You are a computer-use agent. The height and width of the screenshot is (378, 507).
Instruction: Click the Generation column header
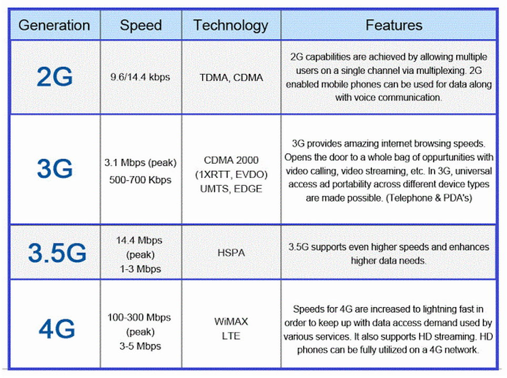(x=54, y=25)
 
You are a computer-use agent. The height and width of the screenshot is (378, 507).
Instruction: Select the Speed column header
(x=140, y=25)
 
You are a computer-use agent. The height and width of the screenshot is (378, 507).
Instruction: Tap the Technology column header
(x=230, y=25)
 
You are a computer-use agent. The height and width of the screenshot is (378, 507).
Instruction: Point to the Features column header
(x=393, y=25)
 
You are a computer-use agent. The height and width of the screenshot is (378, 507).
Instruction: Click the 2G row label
(x=54, y=77)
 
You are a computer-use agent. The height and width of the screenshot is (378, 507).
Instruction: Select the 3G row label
(x=54, y=169)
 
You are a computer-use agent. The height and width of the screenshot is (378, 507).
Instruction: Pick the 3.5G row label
(x=56, y=253)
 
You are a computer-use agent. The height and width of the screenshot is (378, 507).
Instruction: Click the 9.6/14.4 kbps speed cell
(x=140, y=77)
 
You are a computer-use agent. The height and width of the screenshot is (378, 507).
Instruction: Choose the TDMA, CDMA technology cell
(x=231, y=77)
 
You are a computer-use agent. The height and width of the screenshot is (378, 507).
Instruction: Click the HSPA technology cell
(x=231, y=253)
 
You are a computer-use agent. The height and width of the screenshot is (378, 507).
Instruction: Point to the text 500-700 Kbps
(x=140, y=180)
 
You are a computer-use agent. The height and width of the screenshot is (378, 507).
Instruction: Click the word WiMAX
(x=231, y=321)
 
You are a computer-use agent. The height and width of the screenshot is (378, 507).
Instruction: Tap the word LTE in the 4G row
(x=231, y=335)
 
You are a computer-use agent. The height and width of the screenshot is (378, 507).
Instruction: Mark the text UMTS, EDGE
(x=231, y=188)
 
